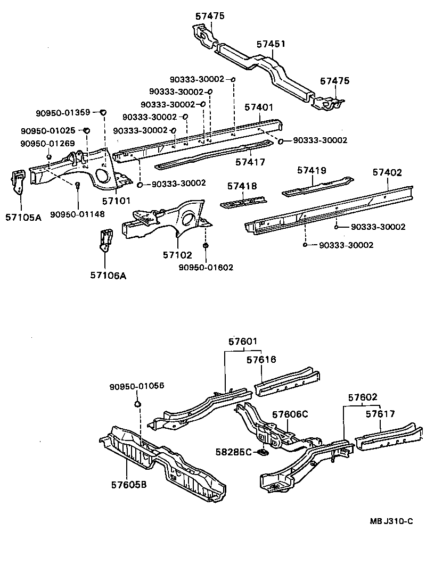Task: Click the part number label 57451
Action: click(x=271, y=44)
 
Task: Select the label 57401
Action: click(x=259, y=107)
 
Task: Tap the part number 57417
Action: click(x=250, y=162)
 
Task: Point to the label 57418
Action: click(x=242, y=186)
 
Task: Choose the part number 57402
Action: click(x=387, y=172)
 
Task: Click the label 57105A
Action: click(x=23, y=217)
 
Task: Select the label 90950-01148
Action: click(x=78, y=214)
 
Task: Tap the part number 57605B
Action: click(x=130, y=485)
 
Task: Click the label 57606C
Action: click(x=290, y=415)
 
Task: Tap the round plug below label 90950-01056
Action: click(x=137, y=405)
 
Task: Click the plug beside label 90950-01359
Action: click(x=104, y=112)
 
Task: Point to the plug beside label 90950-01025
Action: click(x=87, y=130)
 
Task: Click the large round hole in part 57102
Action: click(x=187, y=219)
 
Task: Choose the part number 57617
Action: click(x=380, y=413)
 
